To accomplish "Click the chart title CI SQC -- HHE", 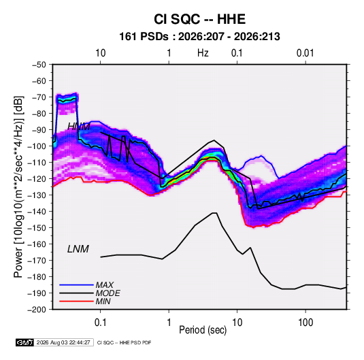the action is click(x=199, y=19).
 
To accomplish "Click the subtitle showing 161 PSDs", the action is click(x=199, y=37).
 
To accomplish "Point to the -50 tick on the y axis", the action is click(x=39, y=65).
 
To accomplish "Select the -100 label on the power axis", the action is click(x=37, y=146).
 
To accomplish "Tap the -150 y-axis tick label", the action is click(x=37, y=228).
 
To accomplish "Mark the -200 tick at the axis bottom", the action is click(x=37, y=310).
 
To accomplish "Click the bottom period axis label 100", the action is click(x=305, y=323).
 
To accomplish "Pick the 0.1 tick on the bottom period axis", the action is click(x=100, y=323).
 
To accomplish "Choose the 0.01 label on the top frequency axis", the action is click(x=305, y=53).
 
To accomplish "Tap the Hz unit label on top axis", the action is click(x=203, y=53).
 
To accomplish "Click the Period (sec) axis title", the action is click(x=203, y=330).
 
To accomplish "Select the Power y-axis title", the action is click(x=18, y=187).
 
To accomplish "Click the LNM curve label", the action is click(x=78, y=249).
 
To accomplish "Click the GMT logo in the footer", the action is click(x=24, y=342).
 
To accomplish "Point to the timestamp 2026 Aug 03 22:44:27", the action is click(x=63, y=342).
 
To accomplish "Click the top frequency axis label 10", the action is click(x=100, y=53).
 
